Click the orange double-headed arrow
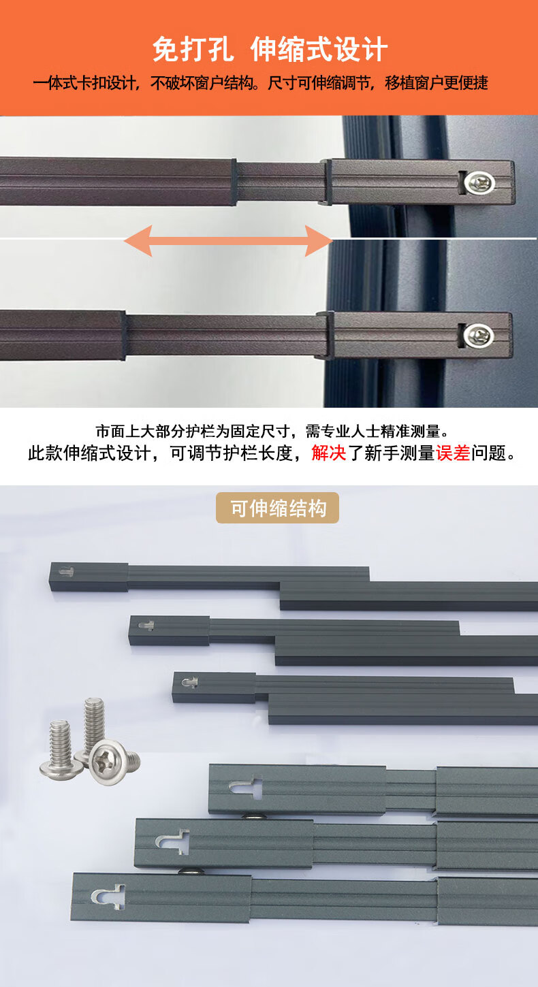(228, 240)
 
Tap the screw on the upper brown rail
(481, 182)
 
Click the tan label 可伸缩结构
(277, 508)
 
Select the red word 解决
(328, 453)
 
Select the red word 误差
(453, 453)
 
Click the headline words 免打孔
(193, 49)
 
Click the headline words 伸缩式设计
(319, 49)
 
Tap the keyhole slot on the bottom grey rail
(108, 896)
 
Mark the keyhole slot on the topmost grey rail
(66, 572)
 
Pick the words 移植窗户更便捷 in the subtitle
(437, 83)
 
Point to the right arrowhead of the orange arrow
(319, 240)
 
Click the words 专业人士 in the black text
(351, 432)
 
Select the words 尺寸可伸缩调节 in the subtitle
(319, 83)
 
